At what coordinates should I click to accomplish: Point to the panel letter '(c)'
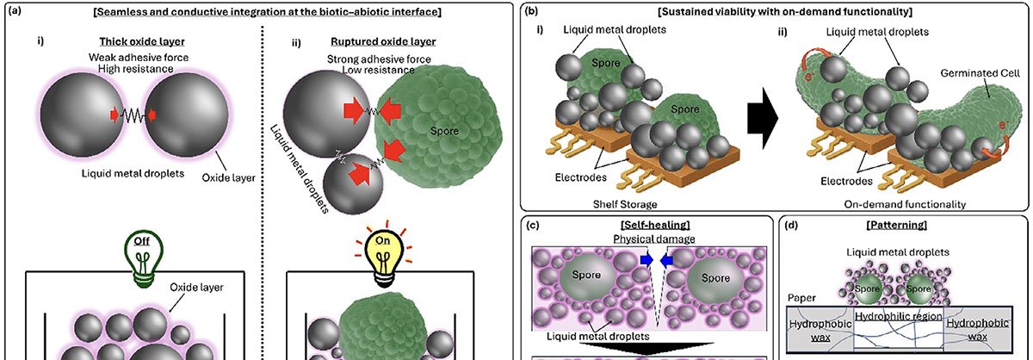click(x=533, y=226)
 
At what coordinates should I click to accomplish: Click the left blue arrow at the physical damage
click(x=646, y=258)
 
